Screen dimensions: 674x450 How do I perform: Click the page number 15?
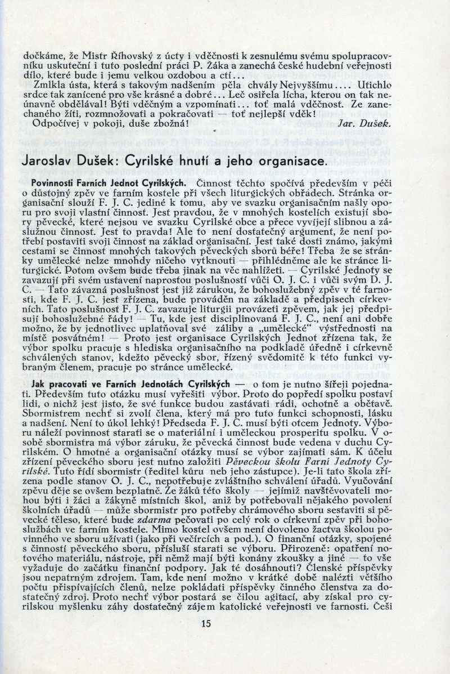click(205, 623)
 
